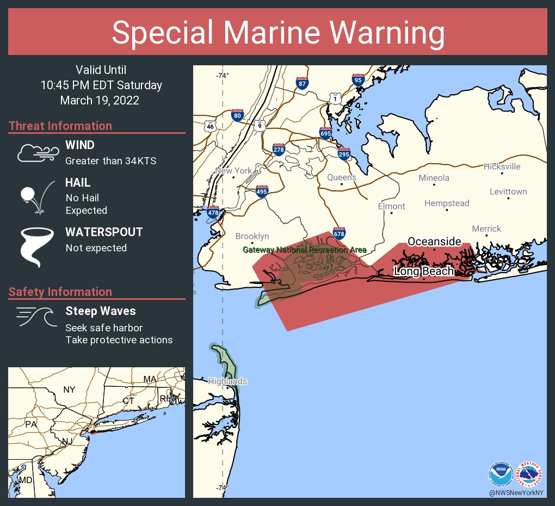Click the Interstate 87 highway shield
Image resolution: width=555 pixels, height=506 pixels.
303,83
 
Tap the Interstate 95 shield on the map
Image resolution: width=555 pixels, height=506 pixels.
357,79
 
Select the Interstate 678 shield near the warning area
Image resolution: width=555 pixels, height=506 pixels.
339,233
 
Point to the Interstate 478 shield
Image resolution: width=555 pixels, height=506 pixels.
212,213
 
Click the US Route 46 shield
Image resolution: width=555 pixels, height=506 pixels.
210,126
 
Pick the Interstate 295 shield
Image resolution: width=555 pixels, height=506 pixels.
343,153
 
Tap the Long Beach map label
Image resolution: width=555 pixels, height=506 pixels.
424,271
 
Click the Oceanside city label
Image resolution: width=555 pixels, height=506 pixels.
434,242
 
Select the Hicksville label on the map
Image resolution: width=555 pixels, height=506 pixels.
502,166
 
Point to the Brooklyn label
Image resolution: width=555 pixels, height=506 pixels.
252,236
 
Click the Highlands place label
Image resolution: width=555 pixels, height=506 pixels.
227,381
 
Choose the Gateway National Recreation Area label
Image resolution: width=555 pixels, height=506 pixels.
304,250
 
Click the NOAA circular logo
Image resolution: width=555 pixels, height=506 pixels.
501,474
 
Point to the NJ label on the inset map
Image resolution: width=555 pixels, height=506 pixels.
67,441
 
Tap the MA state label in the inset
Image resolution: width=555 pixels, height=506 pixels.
150,379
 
